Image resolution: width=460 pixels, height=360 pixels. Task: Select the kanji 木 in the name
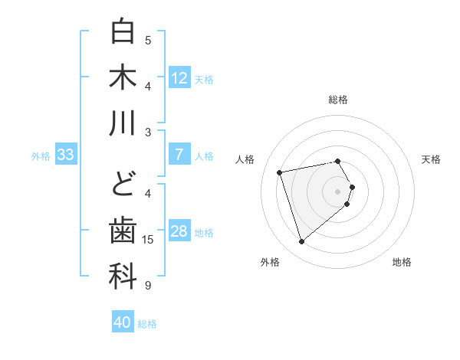tap(123, 77)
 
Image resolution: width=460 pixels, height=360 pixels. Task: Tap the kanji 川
tap(123, 123)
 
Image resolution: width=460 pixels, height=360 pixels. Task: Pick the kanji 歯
tap(123, 232)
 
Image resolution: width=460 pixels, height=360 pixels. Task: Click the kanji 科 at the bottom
tap(123, 277)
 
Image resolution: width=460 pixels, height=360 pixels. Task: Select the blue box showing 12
tap(179, 78)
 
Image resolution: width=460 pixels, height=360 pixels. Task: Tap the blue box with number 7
tap(179, 155)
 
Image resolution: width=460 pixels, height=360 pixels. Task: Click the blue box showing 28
tap(179, 231)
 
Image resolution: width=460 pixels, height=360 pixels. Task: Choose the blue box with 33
tap(65, 155)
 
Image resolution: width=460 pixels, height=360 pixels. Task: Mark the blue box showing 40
tap(123, 322)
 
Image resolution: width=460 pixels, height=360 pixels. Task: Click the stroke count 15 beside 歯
tap(148, 240)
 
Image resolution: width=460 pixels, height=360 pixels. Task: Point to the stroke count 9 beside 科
tap(148, 286)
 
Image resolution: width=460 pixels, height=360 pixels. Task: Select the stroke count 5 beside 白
tap(148, 40)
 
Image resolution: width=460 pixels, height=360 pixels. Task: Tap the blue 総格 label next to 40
tap(147, 324)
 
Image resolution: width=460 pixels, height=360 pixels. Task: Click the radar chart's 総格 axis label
tap(338, 100)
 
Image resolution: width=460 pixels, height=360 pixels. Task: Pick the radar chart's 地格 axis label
tap(402, 263)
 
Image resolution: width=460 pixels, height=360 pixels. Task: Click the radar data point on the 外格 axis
tap(302, 242)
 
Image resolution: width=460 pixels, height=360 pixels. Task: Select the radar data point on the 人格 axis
tap(280, 172)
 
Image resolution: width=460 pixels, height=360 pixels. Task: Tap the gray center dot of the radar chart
tap(338, 191)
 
